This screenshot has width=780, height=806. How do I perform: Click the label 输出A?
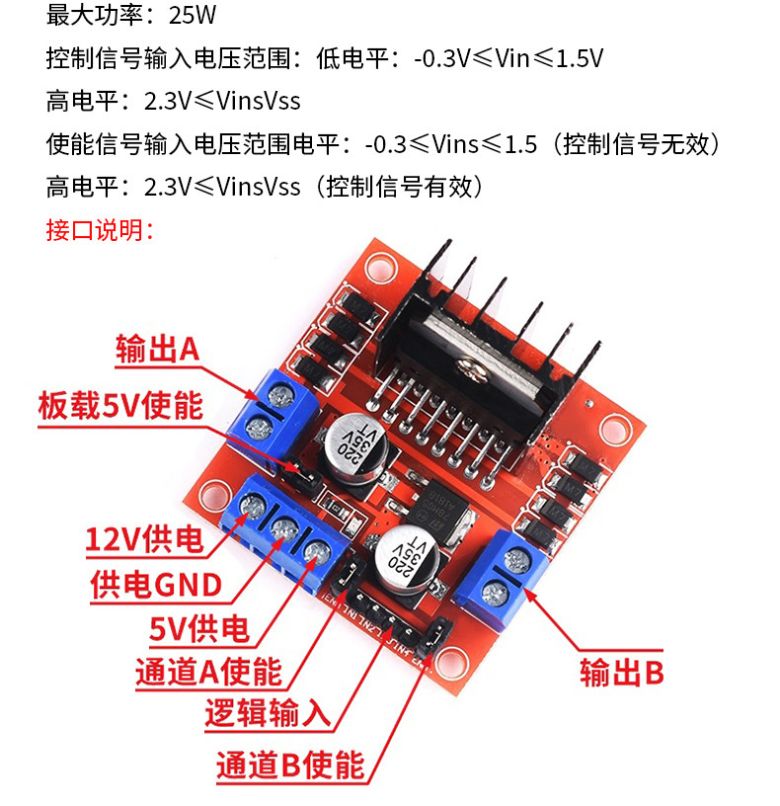click(x=157, y=349)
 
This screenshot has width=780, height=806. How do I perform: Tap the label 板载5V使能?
click(x=119, y=405)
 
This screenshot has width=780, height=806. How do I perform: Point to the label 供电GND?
click(x=155, y=585)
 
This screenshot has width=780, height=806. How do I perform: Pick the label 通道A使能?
click(x=208, y=673)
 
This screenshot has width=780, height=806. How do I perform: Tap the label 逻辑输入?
click(x=267, y=714)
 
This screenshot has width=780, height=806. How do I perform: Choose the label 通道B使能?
click(x=289, y=764)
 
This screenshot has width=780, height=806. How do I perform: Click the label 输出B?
click(x=622, y=674)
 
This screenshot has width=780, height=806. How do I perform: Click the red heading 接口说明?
click(x=99, y=230)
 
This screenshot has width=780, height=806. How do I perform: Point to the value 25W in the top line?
click(x=193, y=16)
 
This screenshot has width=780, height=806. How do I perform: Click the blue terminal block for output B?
click(x=504, y=578)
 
